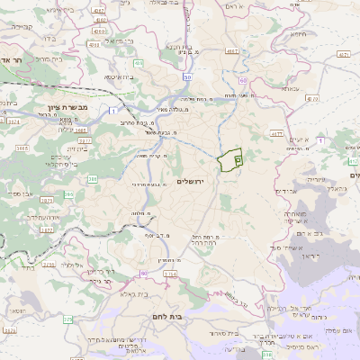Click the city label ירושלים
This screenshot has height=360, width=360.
pyautogui.click(x=192, y=181)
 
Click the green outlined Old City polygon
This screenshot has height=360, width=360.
pyautogui.click(x=230, y=159)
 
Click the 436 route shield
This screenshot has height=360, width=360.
pyautogui.click(x=138, y=64)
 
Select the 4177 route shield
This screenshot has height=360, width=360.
pyautogui.click(x=342, y=55)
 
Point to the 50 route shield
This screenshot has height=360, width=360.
pyautogui.click(x=187, y=77)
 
